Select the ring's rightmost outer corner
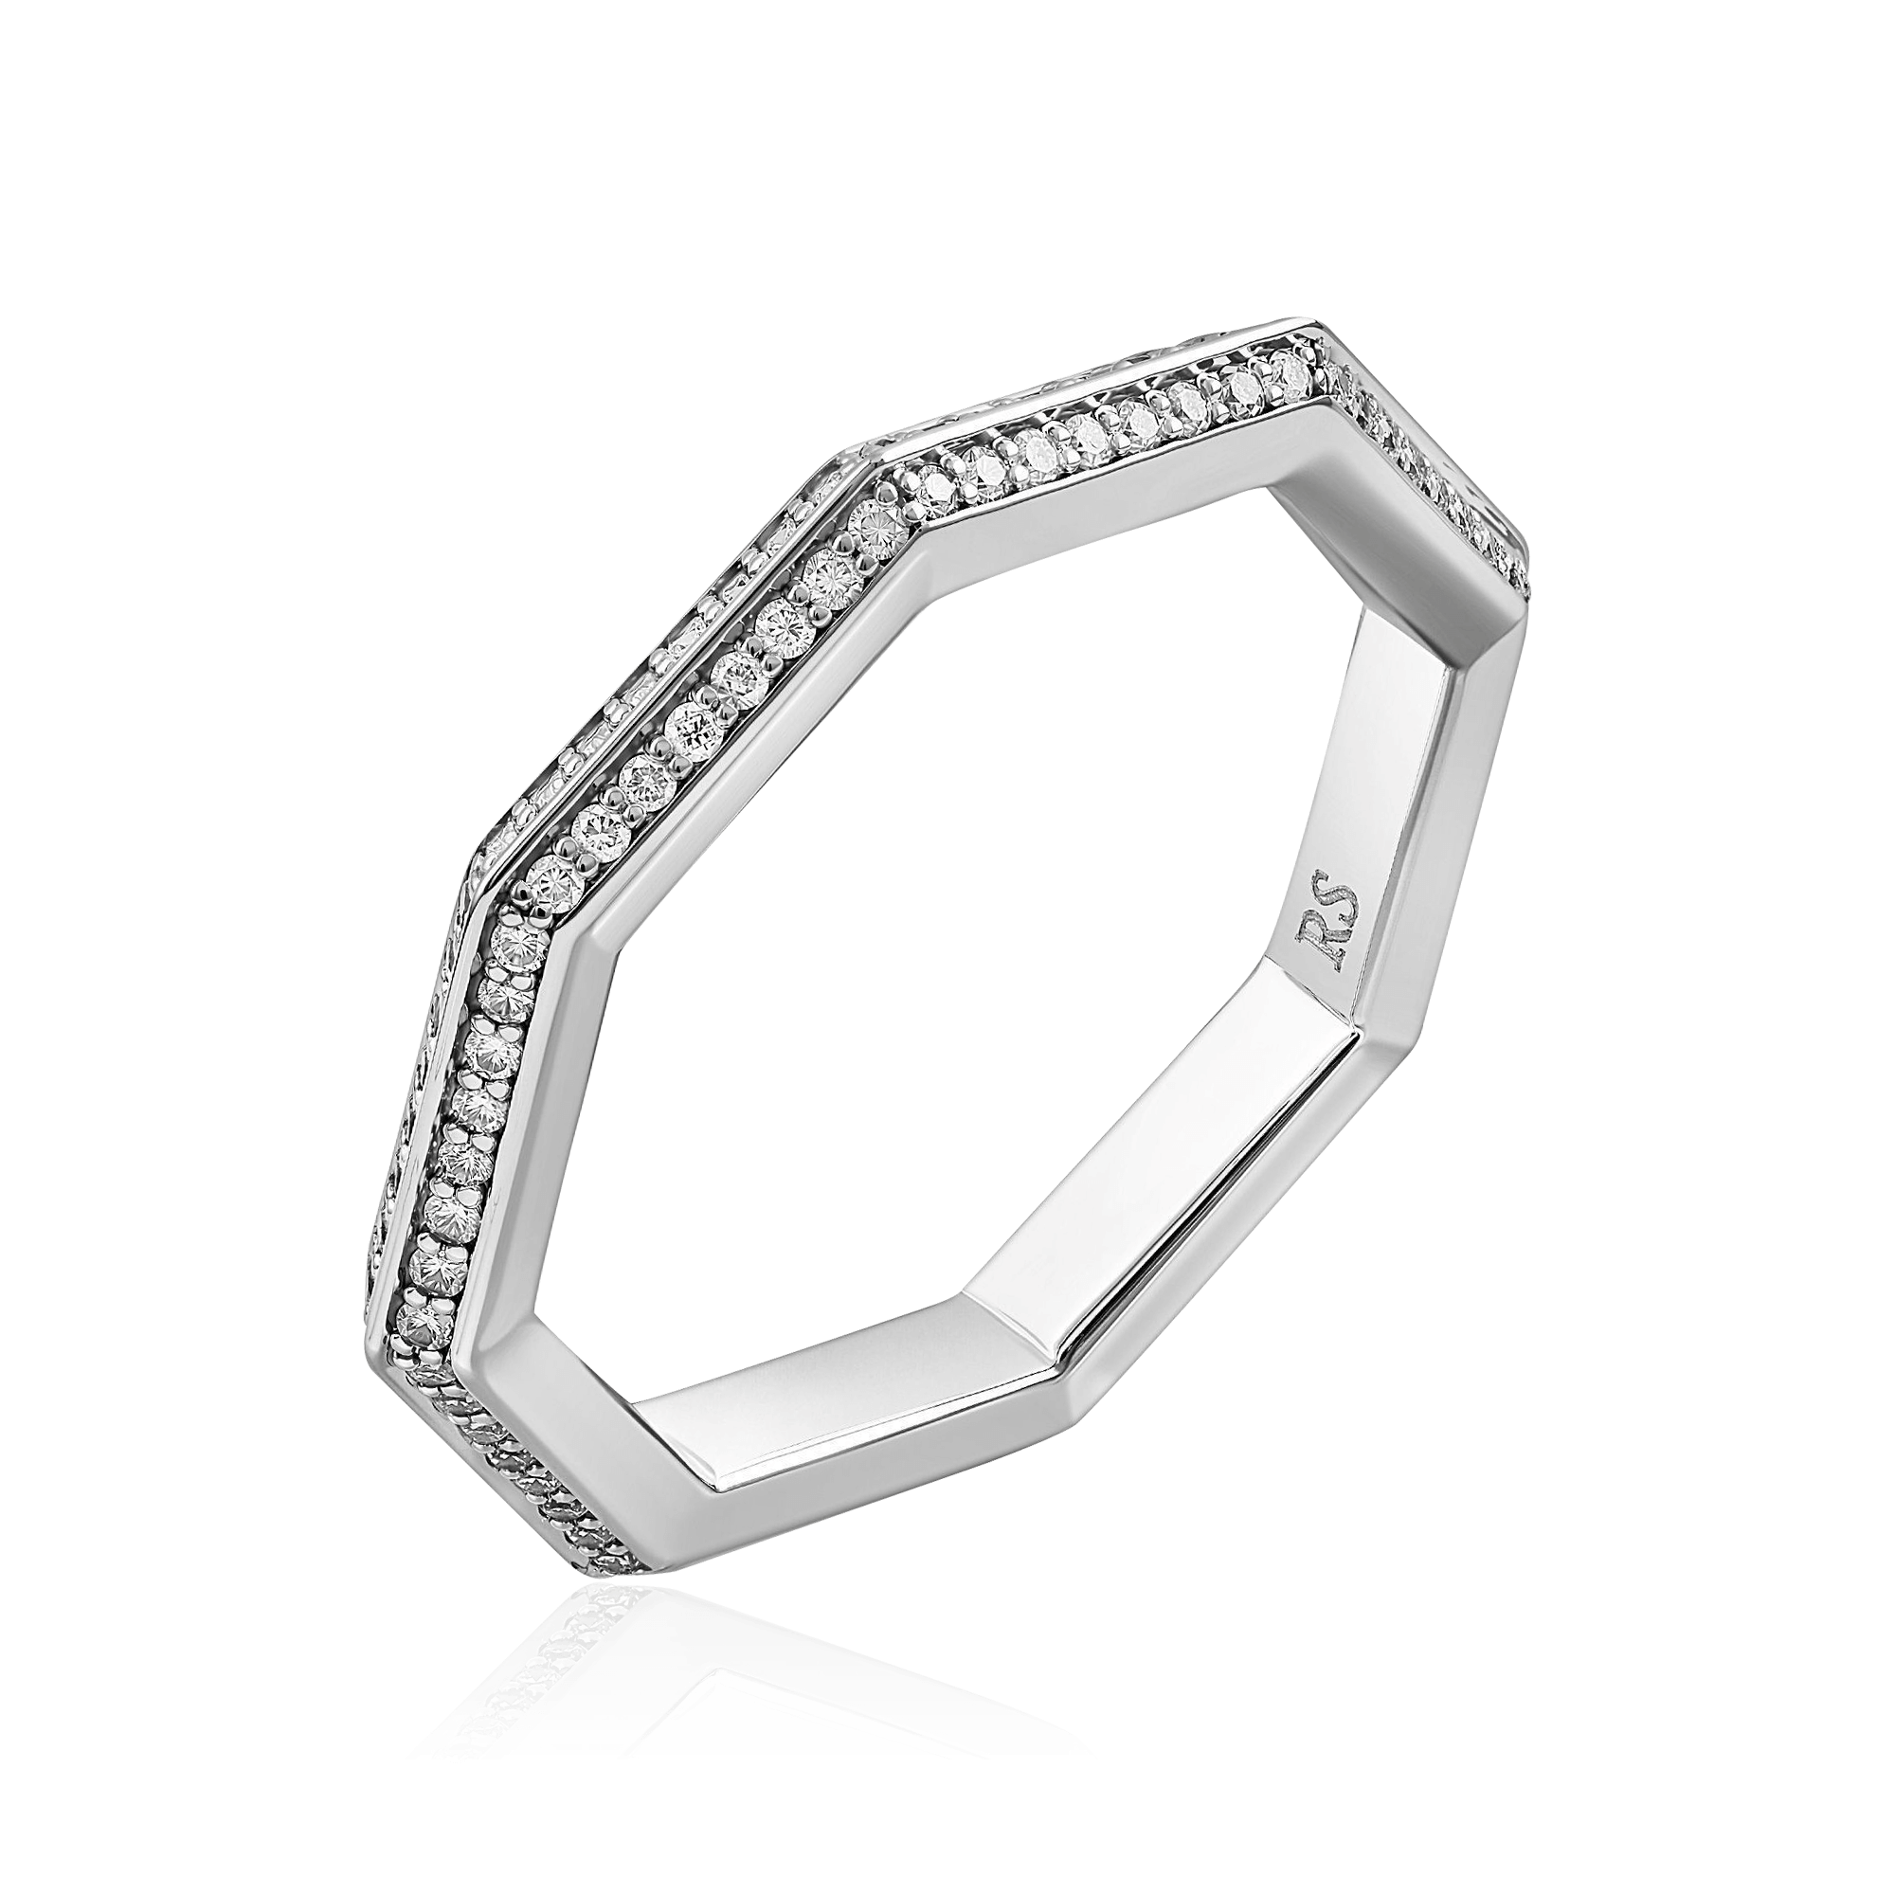1526,608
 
